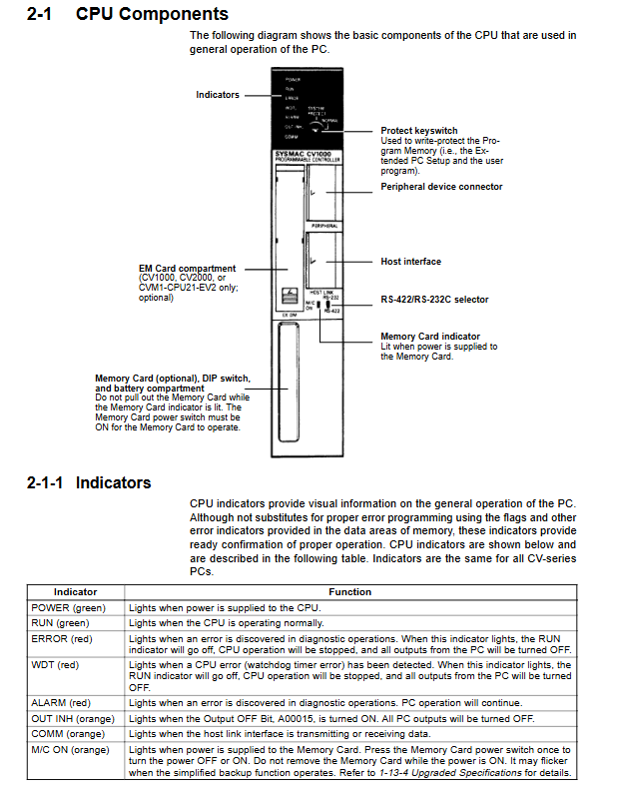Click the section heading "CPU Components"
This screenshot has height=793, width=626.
click(x=152, y=14)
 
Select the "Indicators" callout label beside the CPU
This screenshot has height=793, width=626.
click(x=218, y=95)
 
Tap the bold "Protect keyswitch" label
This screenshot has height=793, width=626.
click(x=419, y=131)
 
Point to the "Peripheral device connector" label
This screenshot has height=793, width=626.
click(x=441, y=187)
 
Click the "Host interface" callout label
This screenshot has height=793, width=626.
click(x=410, y=262)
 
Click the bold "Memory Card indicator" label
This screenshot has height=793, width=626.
click(x=430, y=337)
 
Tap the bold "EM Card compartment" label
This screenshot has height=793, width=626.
click(x=188, y=268)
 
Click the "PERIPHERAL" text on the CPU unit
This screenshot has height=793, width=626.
click(x=324, y=227)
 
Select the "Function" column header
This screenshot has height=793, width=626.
click(x=349, y=592)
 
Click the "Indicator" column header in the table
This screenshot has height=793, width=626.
click(x=75, y=592)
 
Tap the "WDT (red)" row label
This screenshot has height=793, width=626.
click(x=55, y=664)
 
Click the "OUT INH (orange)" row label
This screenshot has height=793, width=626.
click(x=70, y=719)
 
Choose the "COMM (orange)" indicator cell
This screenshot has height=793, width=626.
click(x=68, y=733)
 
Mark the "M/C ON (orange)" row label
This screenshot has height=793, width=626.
click(x=70, y=748)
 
